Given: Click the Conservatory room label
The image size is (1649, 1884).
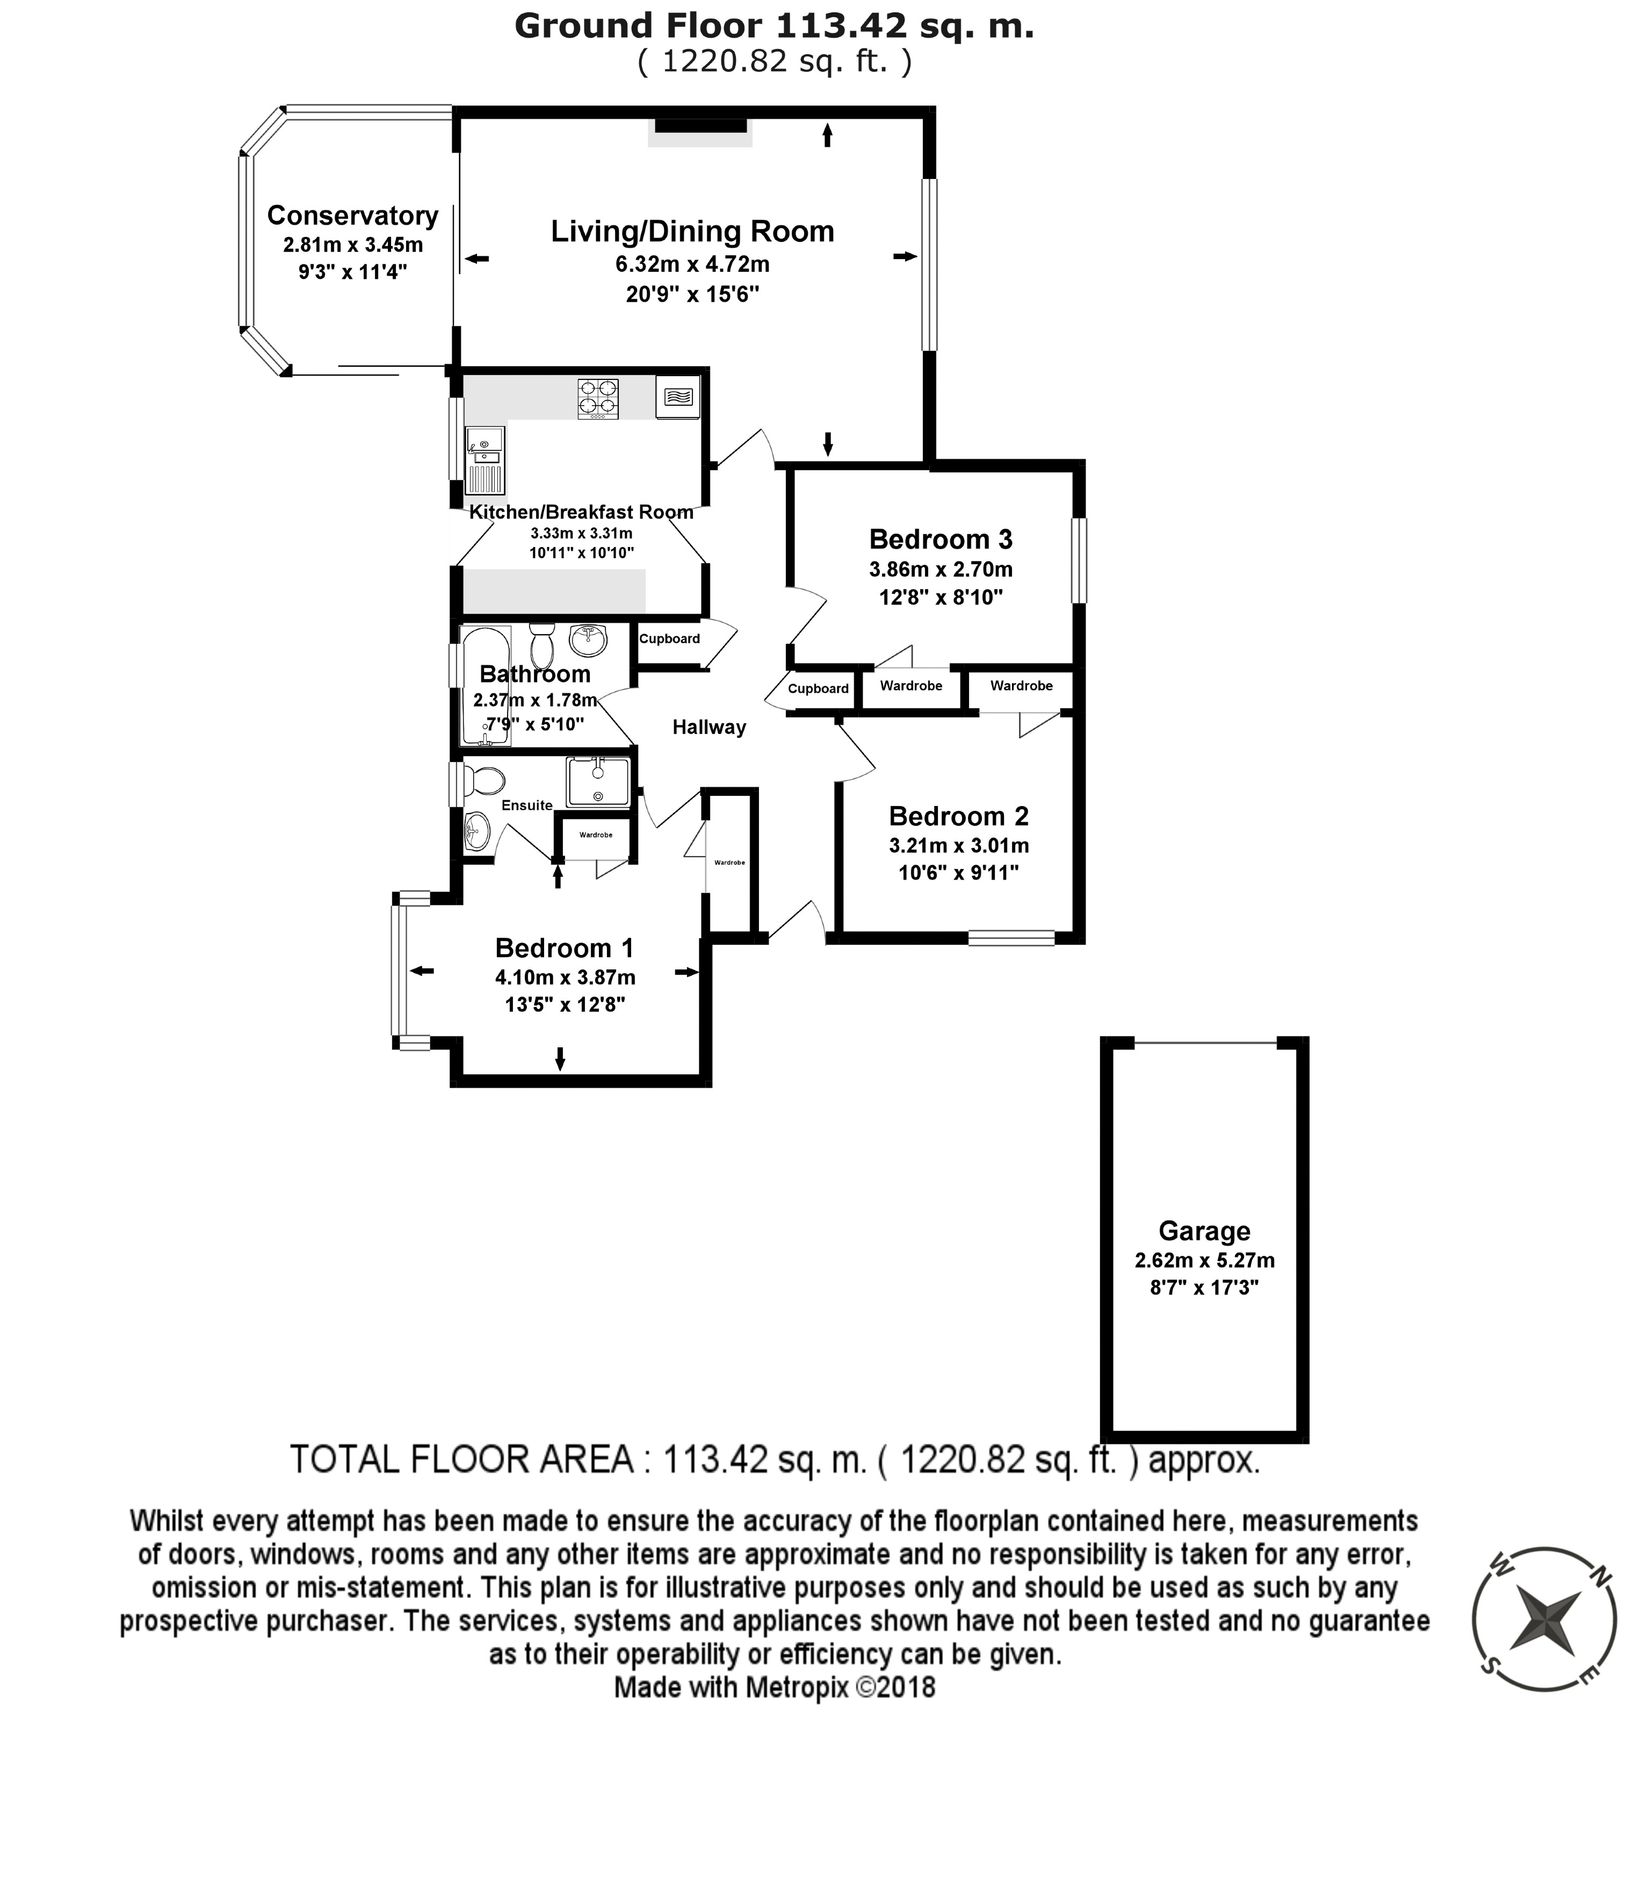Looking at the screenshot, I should click(x=352, y=215).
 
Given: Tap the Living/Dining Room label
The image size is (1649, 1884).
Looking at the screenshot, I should click(x=692, y=231).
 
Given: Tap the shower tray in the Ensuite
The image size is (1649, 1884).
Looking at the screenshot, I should click(x=598, y=781).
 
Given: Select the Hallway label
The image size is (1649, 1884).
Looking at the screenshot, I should click(x=708, y=727).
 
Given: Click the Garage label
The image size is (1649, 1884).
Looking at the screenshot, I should click(x=1204, y=1231).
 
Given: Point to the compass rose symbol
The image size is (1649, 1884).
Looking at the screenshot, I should click(x=1545, y=1619).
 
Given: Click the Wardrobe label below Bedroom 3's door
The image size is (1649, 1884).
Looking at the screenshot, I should click(x=911, y=686).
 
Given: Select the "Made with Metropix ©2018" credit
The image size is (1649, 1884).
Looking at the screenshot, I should click(x=774, y=1687).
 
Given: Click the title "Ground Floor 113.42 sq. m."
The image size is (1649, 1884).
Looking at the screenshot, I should click(x=774, y=26).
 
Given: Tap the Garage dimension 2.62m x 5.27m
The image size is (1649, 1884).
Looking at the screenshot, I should click(x=1204, y=1260).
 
